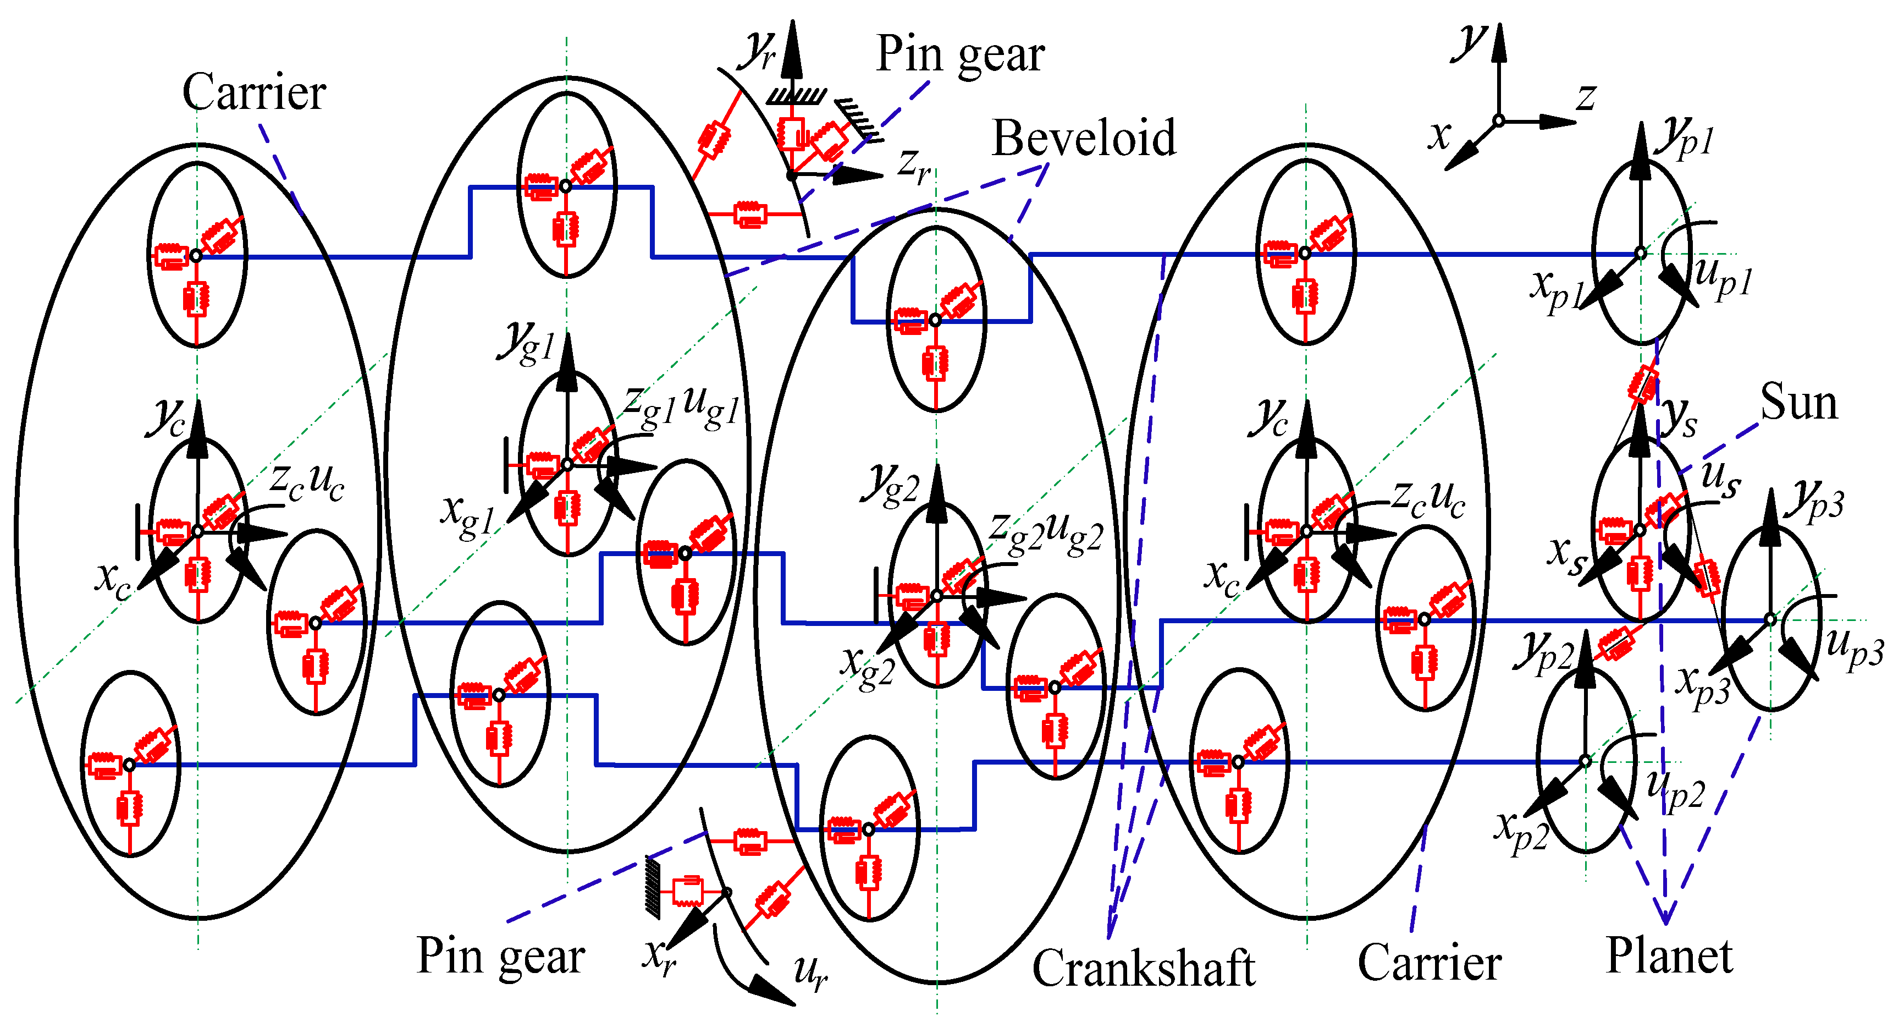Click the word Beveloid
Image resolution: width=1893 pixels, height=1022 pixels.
point(1083,138)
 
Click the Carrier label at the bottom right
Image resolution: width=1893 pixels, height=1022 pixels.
point(1428,963)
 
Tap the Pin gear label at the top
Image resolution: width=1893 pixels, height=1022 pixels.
point(960,54)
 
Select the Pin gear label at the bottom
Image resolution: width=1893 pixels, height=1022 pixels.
point(500,957)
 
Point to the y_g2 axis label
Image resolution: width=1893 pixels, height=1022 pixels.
point(891,485)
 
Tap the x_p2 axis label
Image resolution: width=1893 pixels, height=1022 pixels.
point(1521,831)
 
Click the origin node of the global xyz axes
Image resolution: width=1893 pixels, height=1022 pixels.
point(1498,122)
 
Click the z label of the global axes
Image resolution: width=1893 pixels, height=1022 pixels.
point(1586,97)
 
